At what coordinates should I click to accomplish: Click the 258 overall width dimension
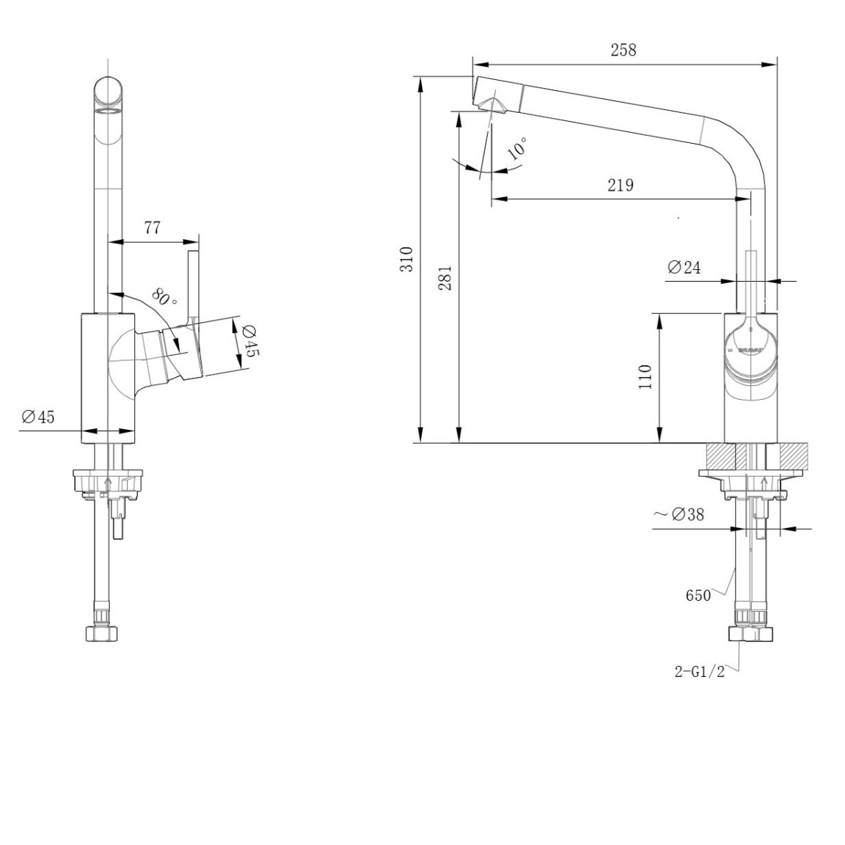(623, 50)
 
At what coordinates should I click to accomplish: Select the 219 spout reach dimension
(621, 186)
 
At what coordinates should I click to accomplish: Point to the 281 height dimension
(445, 278)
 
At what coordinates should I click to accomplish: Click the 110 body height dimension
(645, 377)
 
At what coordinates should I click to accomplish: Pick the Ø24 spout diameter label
(684, 267)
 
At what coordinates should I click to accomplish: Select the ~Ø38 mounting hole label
(679, 515)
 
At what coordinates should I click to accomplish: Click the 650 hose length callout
(698, 596)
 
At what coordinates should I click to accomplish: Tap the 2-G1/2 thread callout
(700, 672)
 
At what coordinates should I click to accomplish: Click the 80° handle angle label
(164, 296)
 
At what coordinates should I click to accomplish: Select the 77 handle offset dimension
(153, 228)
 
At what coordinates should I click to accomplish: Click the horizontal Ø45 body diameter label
(38, 417)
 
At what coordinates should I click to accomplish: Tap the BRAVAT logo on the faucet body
(750, 350)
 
